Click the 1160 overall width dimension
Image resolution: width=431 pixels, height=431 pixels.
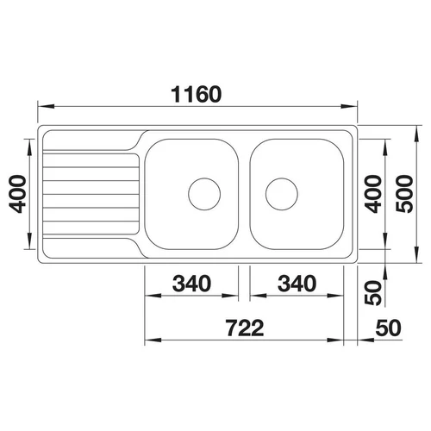[x=197, y=94]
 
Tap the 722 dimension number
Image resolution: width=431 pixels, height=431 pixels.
[x=245, y=328]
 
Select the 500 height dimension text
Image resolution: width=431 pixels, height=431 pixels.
[x=404, y=194]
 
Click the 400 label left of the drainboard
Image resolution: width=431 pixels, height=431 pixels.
[x=17, y=194]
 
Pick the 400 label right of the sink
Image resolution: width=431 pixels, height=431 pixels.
[x=373, y=194]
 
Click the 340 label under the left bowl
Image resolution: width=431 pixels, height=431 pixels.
[x=191, y=284]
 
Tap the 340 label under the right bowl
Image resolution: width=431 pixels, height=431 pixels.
[x=297, y=284]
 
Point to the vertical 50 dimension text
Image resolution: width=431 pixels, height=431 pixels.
[x=373, y=292]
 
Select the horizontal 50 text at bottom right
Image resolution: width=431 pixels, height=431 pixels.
[x=388, y=328]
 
